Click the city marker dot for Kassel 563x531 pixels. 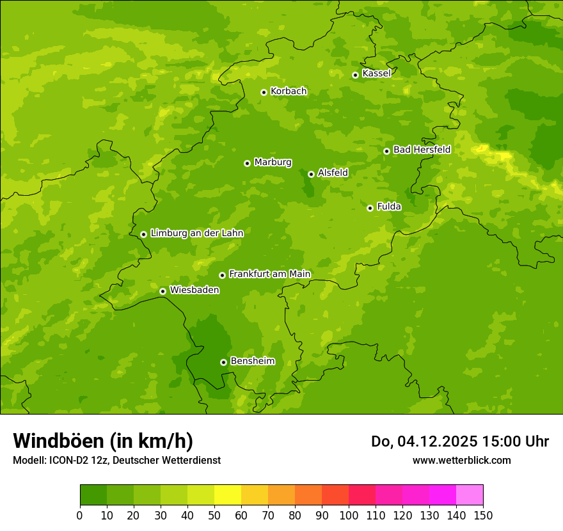[x=355, y=75]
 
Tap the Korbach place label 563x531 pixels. [x=289, y=91]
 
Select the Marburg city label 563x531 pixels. [x=273, y=162]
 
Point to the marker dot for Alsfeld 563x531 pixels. [x=311, y=174]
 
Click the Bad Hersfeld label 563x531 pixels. [x=422, y=150]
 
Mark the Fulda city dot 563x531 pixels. [x=370, y=208]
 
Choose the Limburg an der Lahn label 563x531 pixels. [x=196, y=234]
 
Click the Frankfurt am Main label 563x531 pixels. [x=269, y=274]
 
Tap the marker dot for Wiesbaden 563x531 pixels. [x=163, y=291]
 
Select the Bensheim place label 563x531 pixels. [x=252, y=361]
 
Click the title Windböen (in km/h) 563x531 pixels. [x=103, y=441]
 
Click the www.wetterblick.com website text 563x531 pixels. [x=461, y=460]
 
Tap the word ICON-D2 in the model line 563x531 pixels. [x=68, y=460]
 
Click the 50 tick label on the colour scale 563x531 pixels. [x=214, y=516]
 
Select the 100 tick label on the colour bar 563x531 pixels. [x=349, y=516]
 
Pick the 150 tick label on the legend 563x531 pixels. [x=483, y=516]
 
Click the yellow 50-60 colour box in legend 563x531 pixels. [x=228, y=495]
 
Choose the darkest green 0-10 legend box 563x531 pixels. [x=93, y=495]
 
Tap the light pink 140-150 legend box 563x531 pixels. [x=470, y=495]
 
